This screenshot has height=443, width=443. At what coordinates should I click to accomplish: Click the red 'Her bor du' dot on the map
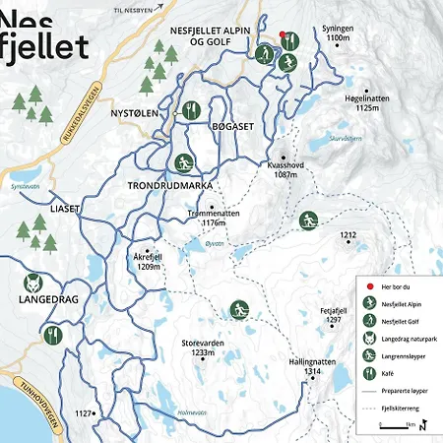click(x=283, y=34)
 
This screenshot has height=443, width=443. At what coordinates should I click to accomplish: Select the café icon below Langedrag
click(x=52, y=335)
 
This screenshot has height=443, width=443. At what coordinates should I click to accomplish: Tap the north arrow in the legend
click(x=421, y=425)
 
